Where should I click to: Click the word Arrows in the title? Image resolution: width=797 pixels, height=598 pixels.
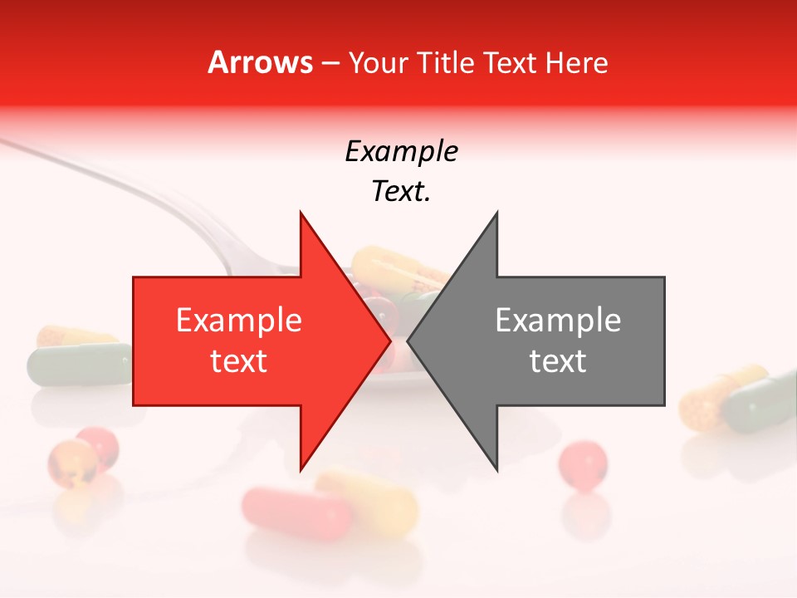pyautogui.click(x=260, y=62)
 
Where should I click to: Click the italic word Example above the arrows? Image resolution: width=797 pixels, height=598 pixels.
pyautogui.click(x=401, y=151)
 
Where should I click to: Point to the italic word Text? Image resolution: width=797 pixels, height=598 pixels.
pyautogui.click(x=401, y=192)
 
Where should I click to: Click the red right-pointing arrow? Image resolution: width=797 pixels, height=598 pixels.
pyautogui.click(x=249, y=341)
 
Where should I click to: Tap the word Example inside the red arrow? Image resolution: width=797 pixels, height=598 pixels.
pyautogui.click(x=239, y=321)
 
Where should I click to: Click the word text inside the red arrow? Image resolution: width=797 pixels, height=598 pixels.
pyautogui.click(x=239, y=361)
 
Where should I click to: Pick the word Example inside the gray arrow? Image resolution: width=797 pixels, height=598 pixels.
pyautogui.click(x=558, y=321)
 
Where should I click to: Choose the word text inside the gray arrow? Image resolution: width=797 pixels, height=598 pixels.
pyautogui.click(x=558, y=361)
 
